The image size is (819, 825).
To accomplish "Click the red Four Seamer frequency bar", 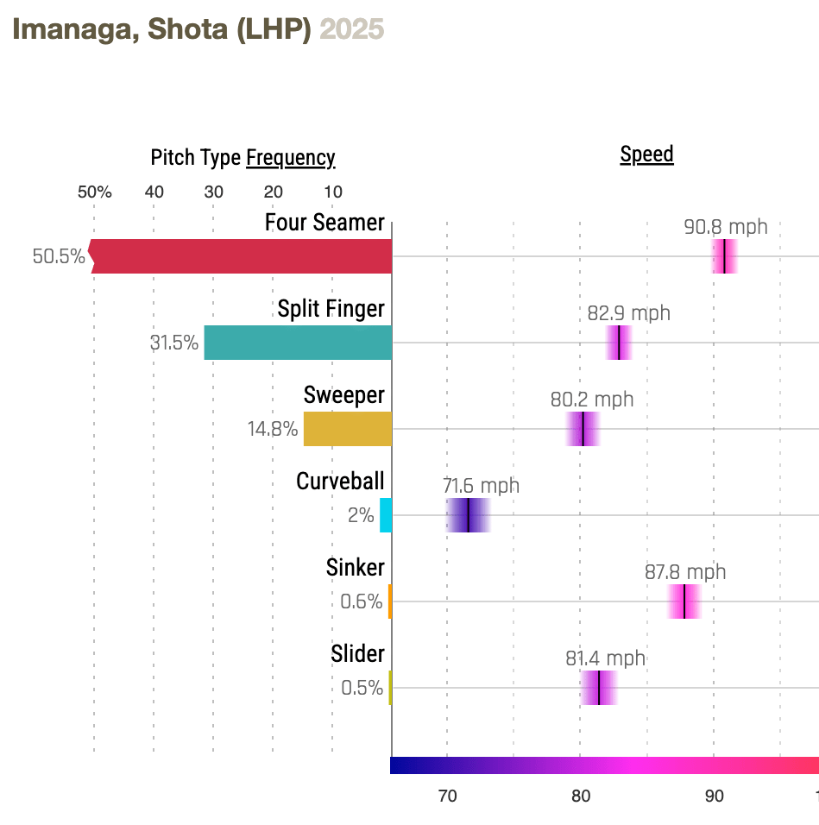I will coord(242,256).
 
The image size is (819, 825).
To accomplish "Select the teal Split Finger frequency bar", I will coord(298,343).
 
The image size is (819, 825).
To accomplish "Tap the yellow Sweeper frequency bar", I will coord(347,429).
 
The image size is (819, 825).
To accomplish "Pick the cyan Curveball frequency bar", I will coord(385,515).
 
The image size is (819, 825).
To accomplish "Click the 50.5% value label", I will coord(59,256).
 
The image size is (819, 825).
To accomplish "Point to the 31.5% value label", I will coord(173,343).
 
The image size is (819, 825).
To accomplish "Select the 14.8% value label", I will coord(273,429).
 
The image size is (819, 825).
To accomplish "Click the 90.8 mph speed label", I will coord(725,228).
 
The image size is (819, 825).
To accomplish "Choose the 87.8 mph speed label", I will coord(685,572).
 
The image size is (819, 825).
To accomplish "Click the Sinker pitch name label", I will coord(355,568).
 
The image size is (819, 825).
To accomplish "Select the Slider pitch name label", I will coord(357,654).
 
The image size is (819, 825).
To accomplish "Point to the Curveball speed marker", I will coord(468,515).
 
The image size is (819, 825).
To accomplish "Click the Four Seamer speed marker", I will coord(724,256).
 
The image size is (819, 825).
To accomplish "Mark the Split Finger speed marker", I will coord(619,343).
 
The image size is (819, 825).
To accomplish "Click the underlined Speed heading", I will coord(646,155).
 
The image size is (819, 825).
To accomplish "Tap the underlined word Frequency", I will coord(290,158).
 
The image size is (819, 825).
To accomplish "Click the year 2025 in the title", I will coord(351,29).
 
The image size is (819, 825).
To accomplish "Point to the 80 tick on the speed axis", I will coord(580,796).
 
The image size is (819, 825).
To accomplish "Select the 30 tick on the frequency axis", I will coord(213,192).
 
